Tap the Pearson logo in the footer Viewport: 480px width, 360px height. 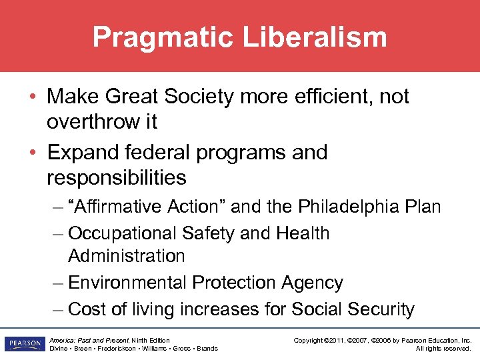click(23, 344)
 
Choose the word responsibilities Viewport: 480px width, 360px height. click(117, 178)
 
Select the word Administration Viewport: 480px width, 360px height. click(127, 256)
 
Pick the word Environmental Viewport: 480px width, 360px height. click(127, 283)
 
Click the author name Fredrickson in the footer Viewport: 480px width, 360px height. click(117, 349)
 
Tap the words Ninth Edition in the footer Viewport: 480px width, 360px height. click(151, 340)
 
